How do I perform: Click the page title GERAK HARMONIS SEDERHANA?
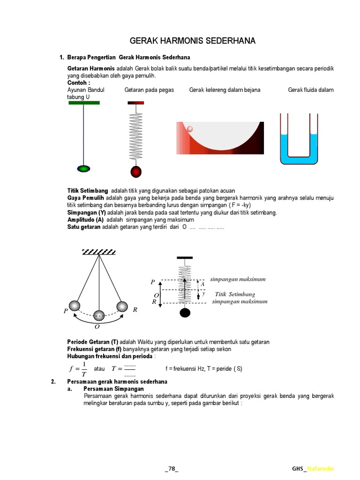tap(192, 41)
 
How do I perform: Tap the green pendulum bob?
tap(83, 168)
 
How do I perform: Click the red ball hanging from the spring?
tap(136, 172)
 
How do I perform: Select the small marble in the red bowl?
tap(190, 129)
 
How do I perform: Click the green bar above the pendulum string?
tap(84, 103)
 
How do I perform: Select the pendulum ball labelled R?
tap(122, 307)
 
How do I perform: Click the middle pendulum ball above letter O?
tap(99, 315)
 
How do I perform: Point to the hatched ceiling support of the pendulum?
tap(99, 252)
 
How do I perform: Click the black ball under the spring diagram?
tap(185, 312)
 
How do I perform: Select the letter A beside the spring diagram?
tap(202, 284)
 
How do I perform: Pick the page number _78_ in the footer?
tap(172, 469)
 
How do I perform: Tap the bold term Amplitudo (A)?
tap(85, 219)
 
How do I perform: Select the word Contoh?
tap(78, 83)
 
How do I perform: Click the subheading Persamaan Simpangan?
tap(113, 389)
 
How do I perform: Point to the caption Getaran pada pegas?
tap(149, 90)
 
